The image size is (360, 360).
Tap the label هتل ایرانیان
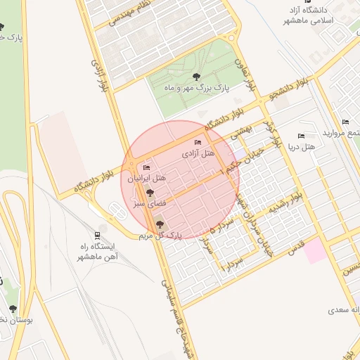point(147,179)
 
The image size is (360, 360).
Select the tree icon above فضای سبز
point(149,193)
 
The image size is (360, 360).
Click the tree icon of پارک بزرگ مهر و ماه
point(195,77)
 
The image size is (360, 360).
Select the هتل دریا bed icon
point(302,136)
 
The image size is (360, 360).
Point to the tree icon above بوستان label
point(13,308)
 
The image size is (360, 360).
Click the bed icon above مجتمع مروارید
point(345,122)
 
